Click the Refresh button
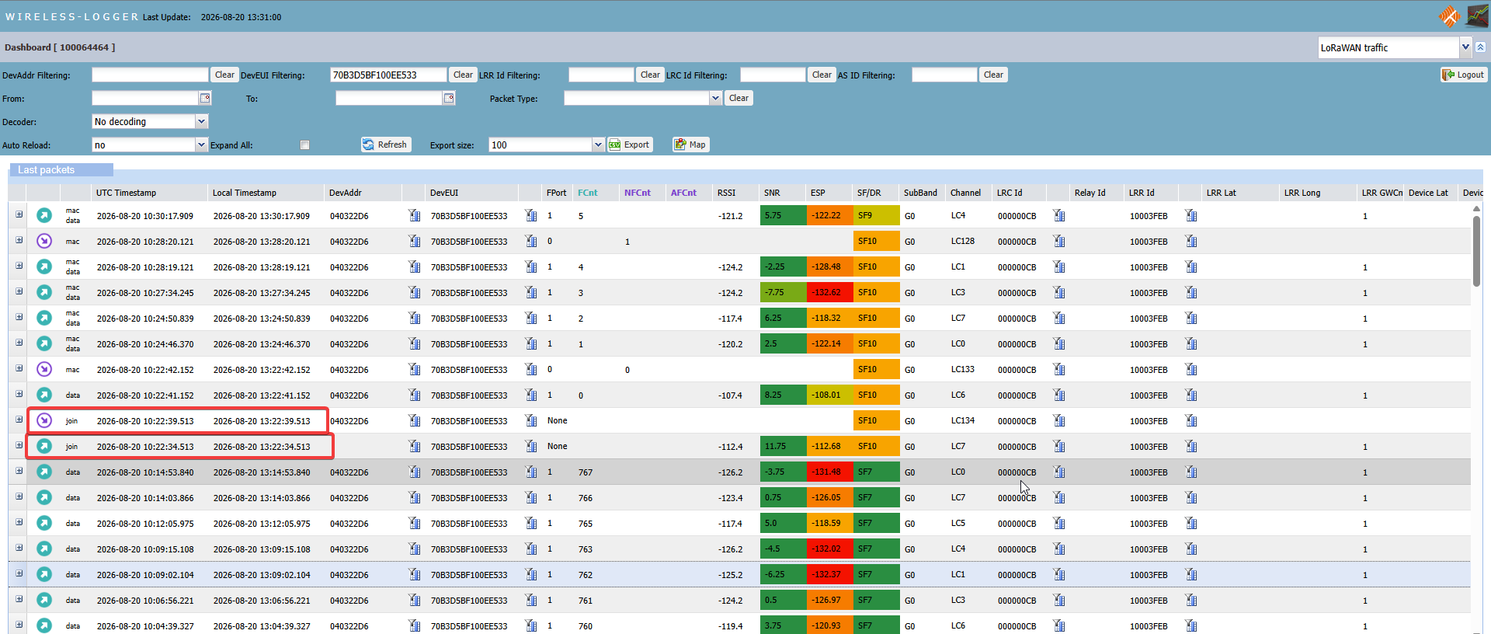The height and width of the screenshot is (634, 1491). click(x=385, y=145)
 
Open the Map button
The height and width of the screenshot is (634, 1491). click(x=690, y=145)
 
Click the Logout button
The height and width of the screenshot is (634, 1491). click(x=1463, y=75)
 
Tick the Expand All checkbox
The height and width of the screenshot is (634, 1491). click(x=304, y=145)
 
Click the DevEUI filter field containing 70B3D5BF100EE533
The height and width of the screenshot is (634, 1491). click(x=388, y=75)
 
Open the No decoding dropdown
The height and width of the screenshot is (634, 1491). click(x=150, y=121)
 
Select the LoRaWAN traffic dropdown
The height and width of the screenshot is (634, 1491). click(x=1395, y=47)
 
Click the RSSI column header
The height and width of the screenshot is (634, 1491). click(x=726, y=193)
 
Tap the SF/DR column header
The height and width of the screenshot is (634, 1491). click(x=869, y=193)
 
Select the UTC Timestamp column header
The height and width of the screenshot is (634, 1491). click(x=126, y=193)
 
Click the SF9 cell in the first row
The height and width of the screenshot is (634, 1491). click(x=876, y=215)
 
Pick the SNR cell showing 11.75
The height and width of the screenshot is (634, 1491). click(x=783, y=446)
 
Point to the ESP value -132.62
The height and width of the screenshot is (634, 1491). click(x=829, y=292)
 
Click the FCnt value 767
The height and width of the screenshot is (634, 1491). click(x=586, y=472)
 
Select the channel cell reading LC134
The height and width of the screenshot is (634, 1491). click(x=963, y=420)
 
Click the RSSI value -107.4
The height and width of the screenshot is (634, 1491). click(x=730, y=395)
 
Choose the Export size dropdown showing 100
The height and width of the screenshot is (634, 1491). click(x=546, y=145)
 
